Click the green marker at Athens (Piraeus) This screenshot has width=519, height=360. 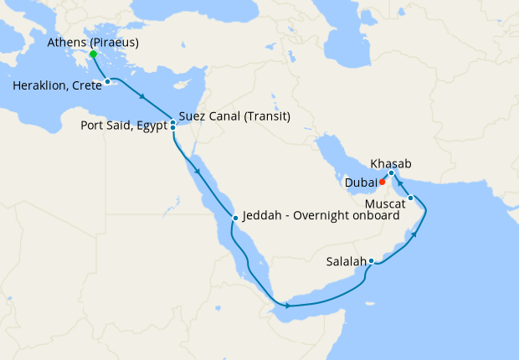(93, 54)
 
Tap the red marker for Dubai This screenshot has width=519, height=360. (382, 181)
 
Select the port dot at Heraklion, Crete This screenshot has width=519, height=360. (108, 81)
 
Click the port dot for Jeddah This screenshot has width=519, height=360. (236, 218)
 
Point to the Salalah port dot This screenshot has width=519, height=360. (371, 262)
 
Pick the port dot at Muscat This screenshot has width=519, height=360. (411, 198)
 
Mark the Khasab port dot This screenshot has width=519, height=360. (392, 173)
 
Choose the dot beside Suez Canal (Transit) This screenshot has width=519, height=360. (172, 122)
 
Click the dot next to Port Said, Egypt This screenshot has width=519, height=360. (172, 128)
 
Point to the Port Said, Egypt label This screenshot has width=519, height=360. (124, 128)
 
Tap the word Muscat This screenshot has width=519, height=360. (386, 203)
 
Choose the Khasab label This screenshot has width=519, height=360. (391, 164)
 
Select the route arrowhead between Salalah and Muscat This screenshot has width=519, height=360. (412, 236)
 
